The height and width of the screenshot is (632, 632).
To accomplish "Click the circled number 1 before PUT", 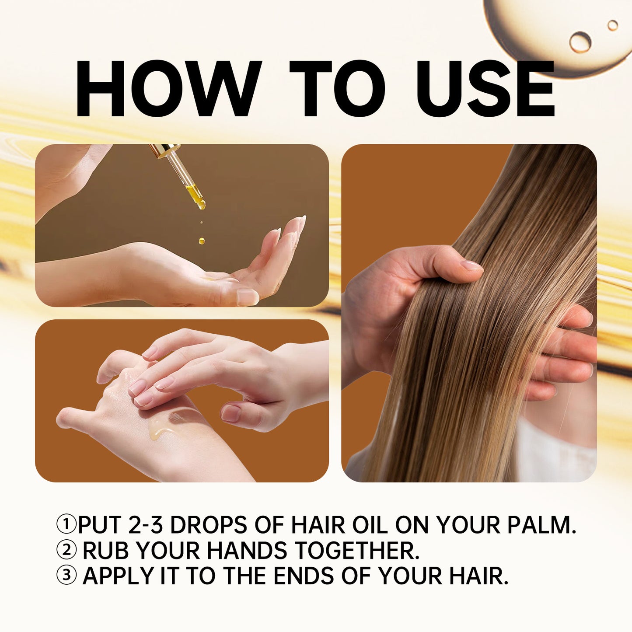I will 66,524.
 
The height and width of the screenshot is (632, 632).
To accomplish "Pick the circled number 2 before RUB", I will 66,550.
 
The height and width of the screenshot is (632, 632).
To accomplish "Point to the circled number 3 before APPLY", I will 66,576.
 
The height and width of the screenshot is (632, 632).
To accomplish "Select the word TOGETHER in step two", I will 356,550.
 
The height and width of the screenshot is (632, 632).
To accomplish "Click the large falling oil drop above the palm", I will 202,240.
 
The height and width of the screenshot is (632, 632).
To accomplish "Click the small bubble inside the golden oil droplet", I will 580,42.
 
